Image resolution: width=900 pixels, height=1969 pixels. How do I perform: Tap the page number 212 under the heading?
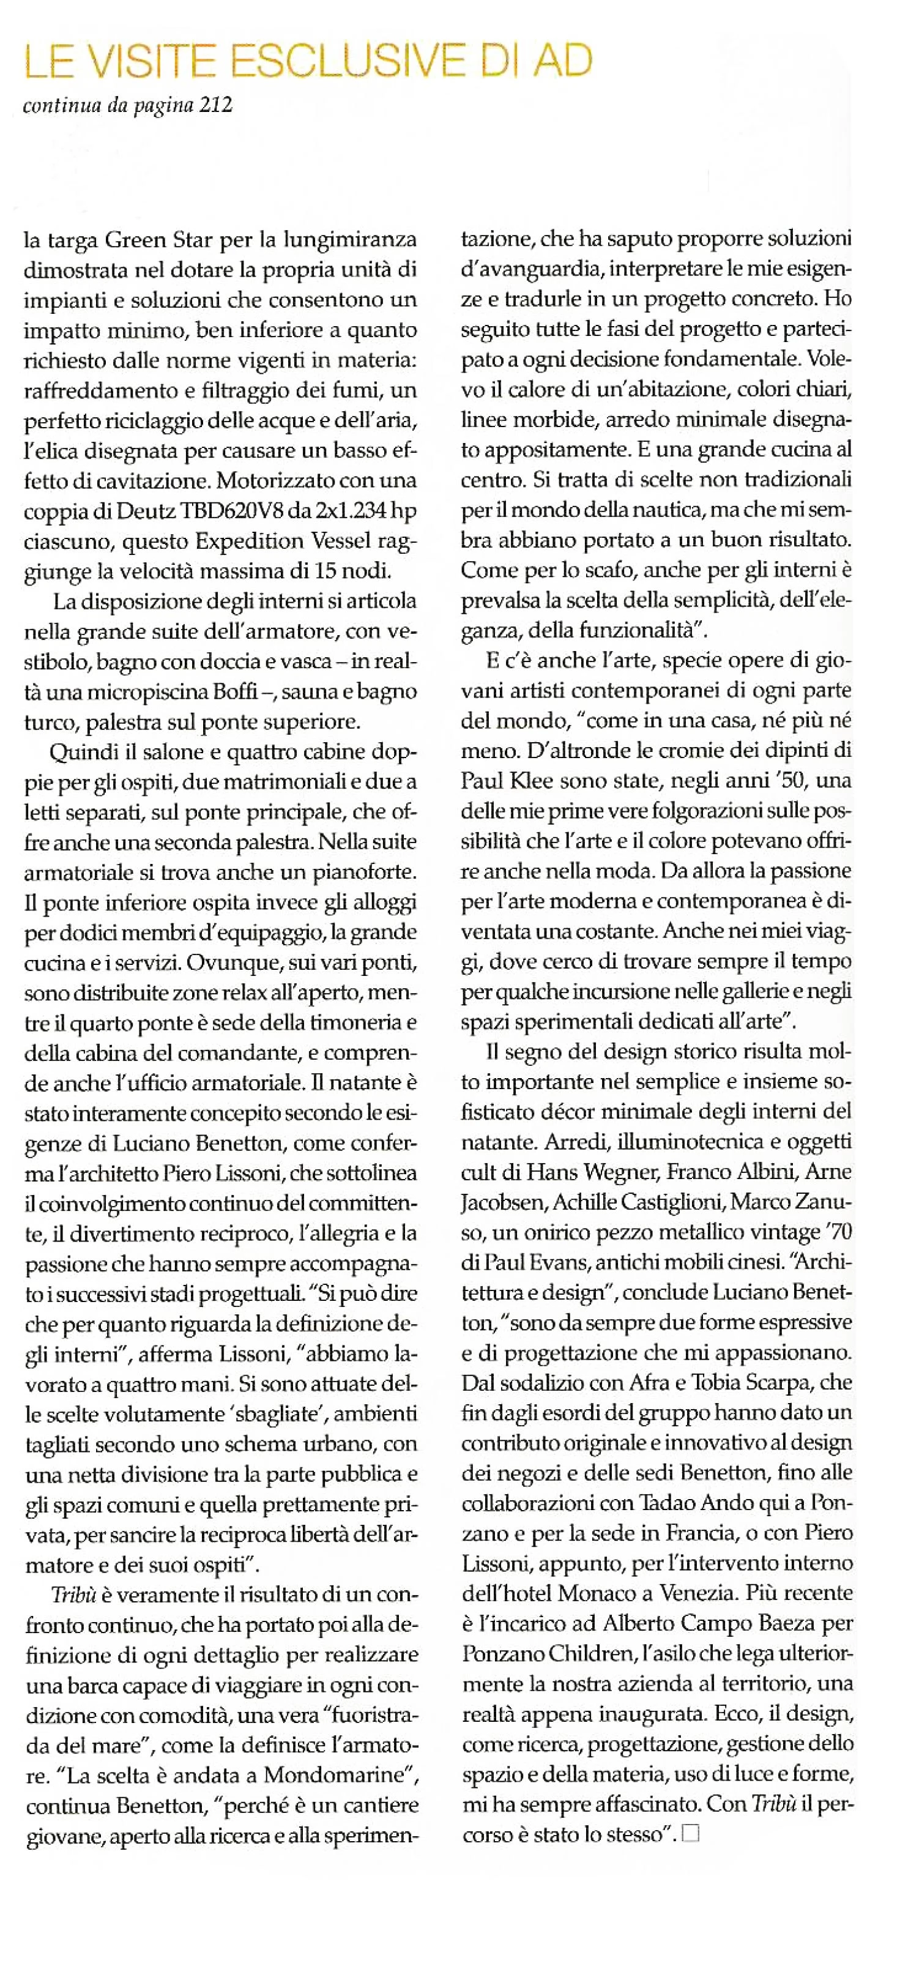[x=215, y=105]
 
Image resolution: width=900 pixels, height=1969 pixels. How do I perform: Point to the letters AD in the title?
[x=562, y=61]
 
